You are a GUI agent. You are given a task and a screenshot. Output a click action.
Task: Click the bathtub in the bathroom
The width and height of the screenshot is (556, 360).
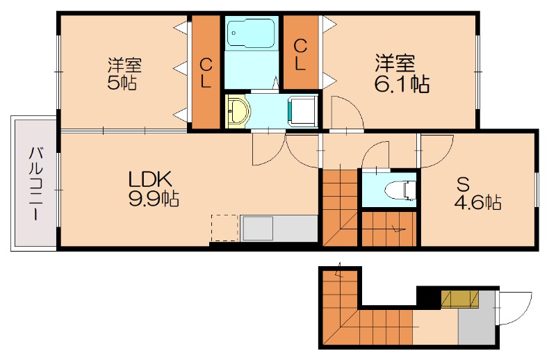click(x=251, y=33)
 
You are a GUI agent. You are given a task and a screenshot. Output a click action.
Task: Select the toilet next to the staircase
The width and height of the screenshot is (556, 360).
click(x=400, y=191)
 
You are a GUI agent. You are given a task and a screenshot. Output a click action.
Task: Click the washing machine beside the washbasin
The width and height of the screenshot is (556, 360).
click(x=302, y=111)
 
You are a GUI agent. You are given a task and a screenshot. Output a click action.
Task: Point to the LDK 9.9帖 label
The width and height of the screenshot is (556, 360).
click(x=154, y=188)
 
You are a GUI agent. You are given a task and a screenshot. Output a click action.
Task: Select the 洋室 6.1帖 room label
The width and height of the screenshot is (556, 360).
click(x=401, y=74)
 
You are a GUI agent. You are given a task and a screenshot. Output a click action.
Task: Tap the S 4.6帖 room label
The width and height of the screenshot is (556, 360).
click(x=476, y=193)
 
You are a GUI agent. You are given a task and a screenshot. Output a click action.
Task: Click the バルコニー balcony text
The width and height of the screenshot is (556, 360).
click(x=35, y=183)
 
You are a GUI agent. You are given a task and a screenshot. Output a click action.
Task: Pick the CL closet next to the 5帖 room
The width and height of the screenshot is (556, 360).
click(x=206, y=73)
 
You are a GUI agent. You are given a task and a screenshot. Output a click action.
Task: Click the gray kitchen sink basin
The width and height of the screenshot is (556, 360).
click(x=257, y=228)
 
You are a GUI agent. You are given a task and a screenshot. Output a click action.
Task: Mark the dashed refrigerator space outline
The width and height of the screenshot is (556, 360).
click(x=224, y=228)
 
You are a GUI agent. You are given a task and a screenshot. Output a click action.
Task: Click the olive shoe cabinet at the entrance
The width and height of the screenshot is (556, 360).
click(x=460, y=299)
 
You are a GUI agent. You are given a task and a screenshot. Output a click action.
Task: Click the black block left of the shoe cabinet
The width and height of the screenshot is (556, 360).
click(x=429, y=298)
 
